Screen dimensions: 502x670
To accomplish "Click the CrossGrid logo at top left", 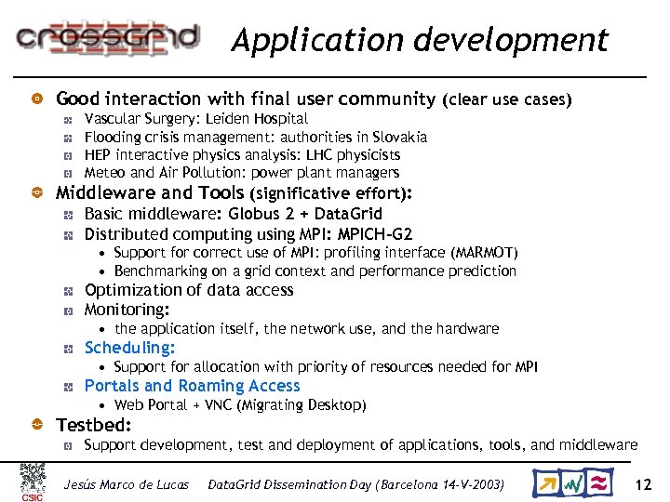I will click(x=108, y=37).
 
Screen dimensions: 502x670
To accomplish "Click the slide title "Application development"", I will click(x=420, y=40).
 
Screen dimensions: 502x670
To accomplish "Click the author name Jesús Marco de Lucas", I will click(x=126, y=484).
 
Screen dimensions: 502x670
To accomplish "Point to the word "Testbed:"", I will click(x=94, y=425).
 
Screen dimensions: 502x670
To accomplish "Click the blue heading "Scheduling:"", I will click(x=129, y=348).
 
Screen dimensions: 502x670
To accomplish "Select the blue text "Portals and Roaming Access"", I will click(x=192, y=386).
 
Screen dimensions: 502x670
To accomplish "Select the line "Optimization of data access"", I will click(x=189, y=290).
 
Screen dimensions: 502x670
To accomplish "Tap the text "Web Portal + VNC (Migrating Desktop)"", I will click(x=240, y=405).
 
